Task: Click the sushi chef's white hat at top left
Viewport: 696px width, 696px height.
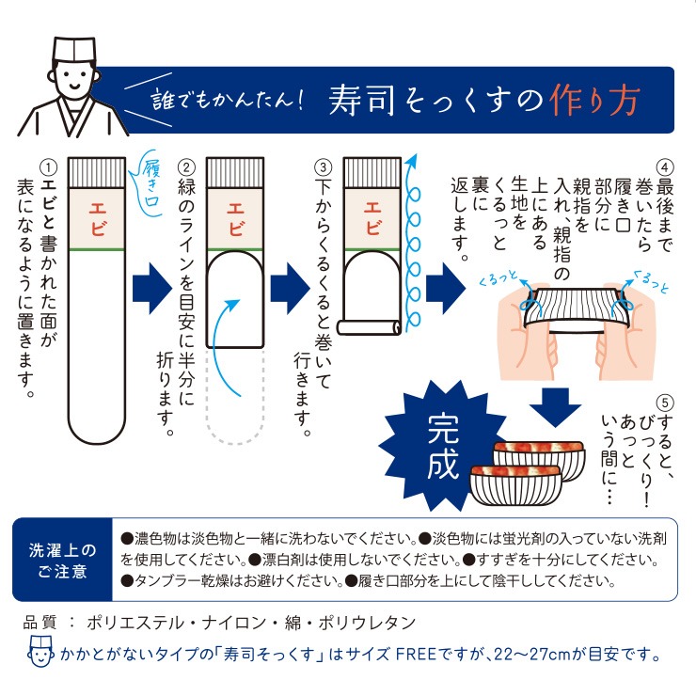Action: [x=73, y=49]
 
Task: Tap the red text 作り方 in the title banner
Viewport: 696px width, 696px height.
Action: [x=594, y=101]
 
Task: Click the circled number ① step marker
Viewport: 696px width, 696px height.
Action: [x=48, y=167]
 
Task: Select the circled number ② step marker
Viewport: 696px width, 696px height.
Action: [x=186, y=167]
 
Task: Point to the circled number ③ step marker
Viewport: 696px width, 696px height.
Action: [x=323, y=167]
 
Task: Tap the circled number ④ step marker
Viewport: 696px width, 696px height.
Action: [x=664, y=167]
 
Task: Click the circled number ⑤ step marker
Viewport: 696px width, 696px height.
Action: [x=664, y=403]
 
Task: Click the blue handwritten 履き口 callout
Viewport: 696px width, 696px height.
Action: [x=149, y=185]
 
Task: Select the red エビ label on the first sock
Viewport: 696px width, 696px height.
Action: [x=98, y=219]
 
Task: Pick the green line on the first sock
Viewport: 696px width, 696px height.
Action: [x=97, y=249]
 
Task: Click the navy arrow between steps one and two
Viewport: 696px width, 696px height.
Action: [x=152, y=289]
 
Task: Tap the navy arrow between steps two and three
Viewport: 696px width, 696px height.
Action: [x=290, y=289]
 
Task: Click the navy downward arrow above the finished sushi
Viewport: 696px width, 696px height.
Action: [x=555, y=407]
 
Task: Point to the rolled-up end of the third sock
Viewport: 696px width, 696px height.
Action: [x=370, y=327]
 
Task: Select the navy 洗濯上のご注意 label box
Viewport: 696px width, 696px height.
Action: [x=63, y=561]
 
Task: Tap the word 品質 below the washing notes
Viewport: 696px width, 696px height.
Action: [x=40, y=623]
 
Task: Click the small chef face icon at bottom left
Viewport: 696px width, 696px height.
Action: [x=40, y=651]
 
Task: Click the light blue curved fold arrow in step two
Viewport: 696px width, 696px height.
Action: [x=221, y=341]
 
